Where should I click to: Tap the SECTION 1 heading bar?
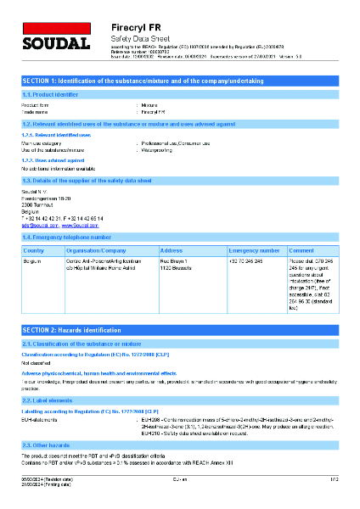tap(179, 80)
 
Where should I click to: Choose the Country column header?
tap(34, 251)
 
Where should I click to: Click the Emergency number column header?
tap(254, 251)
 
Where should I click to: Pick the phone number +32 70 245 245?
tap(245, 262)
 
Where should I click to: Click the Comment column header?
tap(301, 251)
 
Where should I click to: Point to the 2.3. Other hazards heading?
tap(48, 445)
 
